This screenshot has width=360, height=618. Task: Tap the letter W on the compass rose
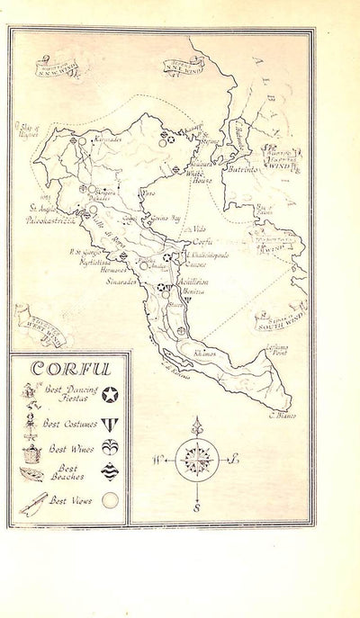pos(157,460)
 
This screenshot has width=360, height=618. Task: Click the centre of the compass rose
pos(194,460)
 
